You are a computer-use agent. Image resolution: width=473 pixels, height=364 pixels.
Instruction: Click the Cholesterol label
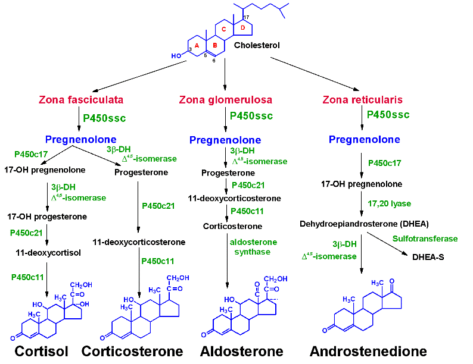257,45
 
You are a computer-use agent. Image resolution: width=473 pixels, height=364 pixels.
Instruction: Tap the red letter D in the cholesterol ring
243,28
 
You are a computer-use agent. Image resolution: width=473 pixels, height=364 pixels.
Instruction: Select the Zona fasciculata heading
81,100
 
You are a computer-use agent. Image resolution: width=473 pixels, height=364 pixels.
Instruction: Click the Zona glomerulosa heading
225,100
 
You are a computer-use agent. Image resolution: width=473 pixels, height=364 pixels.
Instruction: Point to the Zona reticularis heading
362,100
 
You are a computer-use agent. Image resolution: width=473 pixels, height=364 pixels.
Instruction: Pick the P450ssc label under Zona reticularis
388,114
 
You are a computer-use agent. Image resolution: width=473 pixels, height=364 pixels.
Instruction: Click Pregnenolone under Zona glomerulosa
225,140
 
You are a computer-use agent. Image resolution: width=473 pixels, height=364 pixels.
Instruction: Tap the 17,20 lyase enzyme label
389,204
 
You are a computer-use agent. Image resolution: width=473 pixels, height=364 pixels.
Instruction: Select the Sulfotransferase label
425,239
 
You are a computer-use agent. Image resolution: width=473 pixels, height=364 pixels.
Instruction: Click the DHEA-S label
428,257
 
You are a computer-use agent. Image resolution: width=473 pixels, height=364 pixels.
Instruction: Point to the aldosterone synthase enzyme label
253,247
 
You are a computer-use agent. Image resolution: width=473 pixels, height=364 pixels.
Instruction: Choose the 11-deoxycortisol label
48,253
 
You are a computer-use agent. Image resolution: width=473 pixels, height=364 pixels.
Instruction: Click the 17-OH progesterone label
47,216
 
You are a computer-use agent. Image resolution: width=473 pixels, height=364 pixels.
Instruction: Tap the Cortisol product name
41,351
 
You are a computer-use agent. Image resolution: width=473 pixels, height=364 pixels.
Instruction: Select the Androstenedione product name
368,351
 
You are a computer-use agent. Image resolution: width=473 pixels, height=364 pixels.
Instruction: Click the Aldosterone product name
242,351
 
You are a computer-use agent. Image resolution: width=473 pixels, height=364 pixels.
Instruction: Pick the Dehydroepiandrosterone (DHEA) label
364,224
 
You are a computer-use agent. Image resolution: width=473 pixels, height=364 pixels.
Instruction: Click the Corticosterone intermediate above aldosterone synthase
232,226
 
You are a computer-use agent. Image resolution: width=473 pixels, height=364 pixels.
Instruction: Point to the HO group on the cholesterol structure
176,56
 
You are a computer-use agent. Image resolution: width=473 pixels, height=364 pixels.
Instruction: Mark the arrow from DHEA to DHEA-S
387,244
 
